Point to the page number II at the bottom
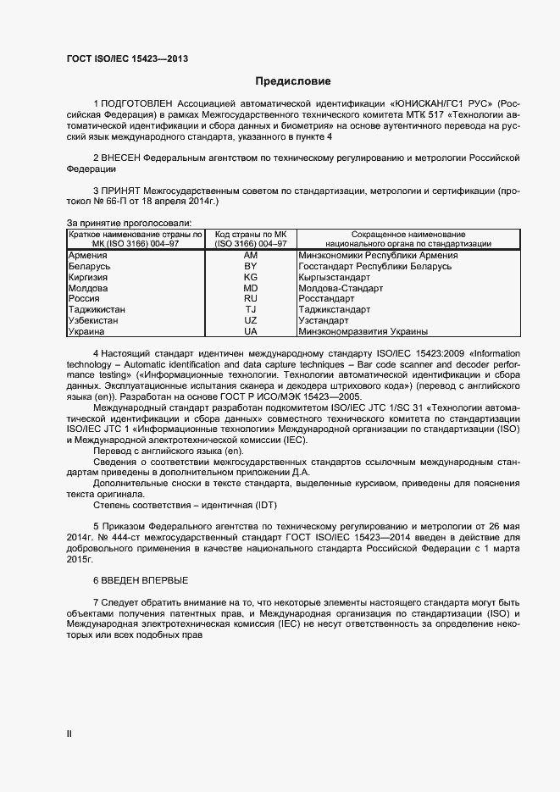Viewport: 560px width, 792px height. click(69, 734)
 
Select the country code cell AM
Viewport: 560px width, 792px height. click(251, 255)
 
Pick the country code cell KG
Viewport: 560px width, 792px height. click(251, 277)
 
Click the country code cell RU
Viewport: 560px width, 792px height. click(251, 299)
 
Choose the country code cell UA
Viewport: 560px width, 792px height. click(251, 332)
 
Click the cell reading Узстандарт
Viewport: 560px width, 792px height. click(324, 321)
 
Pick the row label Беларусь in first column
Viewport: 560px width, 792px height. click(89, 266)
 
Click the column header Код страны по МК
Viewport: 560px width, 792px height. click(251, 234)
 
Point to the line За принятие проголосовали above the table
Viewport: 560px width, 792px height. click(122, 223)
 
